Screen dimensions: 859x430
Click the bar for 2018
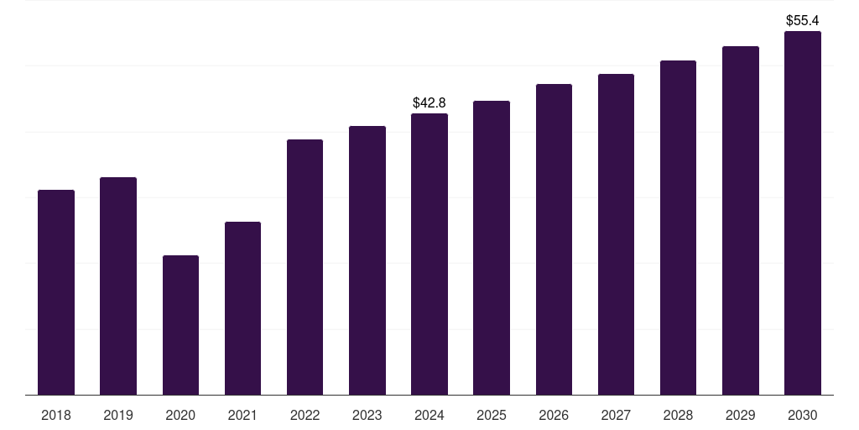pyautogui.click(x=56, y=292)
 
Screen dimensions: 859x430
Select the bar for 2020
pyautogui.click(x=181, y=325)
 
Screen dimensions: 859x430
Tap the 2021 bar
pyautogui.click(x=242, y=308)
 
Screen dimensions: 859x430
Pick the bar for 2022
pyautogui.click(x=305, y=267)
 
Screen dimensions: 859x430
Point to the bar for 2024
pyautogui.click(x=429, y=254)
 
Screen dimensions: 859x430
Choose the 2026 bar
pyautogui.click(x=554, y=239)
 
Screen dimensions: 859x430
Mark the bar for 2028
pyautogui.click(x=678, y=228)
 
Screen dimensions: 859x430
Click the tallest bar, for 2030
pyautogui.click(x=803, y=212)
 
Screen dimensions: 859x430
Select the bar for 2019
pyautogui.click(x=118, y=286)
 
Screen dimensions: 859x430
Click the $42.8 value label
pyautogui.click(x=429, y=102)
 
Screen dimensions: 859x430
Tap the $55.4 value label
pyautogui.click(x=803, y=21)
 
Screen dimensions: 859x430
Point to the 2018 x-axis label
pyautogui.click(x=56, y=415)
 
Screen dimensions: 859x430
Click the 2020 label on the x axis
pyautogui.click(x=181, y=415)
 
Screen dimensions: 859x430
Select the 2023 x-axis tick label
pyautogui.click(x=367, y=415)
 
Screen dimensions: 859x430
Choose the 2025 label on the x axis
pyautogui.click(x=492, y=415)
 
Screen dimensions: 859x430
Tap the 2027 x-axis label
pyautogui.click(x=616, y=415)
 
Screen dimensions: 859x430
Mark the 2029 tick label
pyautogui.click(x=741, y=415)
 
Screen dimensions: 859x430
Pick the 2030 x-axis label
pyautogui.click(x=803, y=415)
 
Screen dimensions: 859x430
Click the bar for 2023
pyautogui.click(x=367, y=260)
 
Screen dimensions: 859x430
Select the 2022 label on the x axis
pyautogui.click(x=305, y=415)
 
